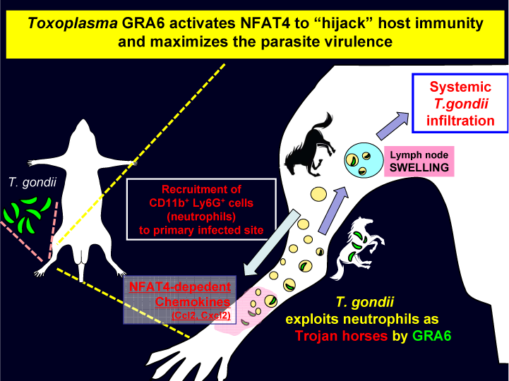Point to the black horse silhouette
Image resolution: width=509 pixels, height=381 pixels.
pos(313,144)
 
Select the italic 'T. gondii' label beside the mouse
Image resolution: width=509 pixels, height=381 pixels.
pos(28,181)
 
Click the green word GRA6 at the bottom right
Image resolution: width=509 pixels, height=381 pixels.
pos(432,335)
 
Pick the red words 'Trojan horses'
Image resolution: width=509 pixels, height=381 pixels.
pos(342,335)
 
